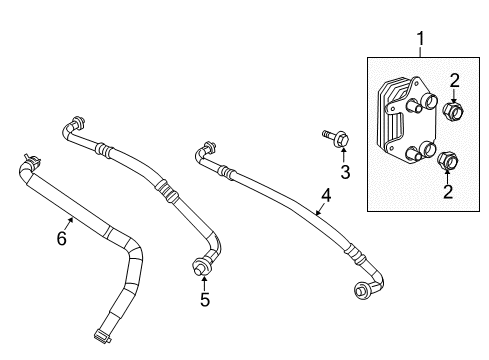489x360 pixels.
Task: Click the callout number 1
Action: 421,39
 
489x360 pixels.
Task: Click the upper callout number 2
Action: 453,81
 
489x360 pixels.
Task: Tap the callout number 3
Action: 345,172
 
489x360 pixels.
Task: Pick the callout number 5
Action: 204,298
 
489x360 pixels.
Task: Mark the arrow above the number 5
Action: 204,281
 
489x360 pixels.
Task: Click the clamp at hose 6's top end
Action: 31,159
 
